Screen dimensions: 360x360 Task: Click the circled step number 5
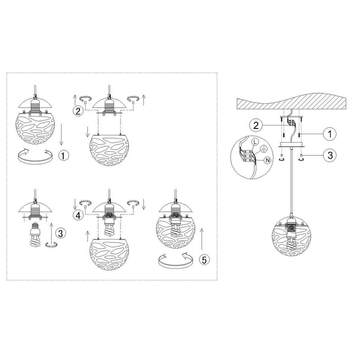(x=204, y=260)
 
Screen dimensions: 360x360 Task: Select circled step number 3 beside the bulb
(x=60, y=233)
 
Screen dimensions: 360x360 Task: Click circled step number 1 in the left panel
(x=63, y=155)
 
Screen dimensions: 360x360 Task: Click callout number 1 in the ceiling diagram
(x=330, y=134)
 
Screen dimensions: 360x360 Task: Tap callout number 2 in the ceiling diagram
(x=256, y=125)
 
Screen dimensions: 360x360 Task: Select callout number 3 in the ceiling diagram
(x=330, y=155)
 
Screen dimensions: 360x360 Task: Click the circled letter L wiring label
(x=255, y=142)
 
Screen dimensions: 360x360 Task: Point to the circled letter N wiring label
(x=268, y=160)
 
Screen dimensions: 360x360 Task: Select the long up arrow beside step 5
(x=202, y=239)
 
